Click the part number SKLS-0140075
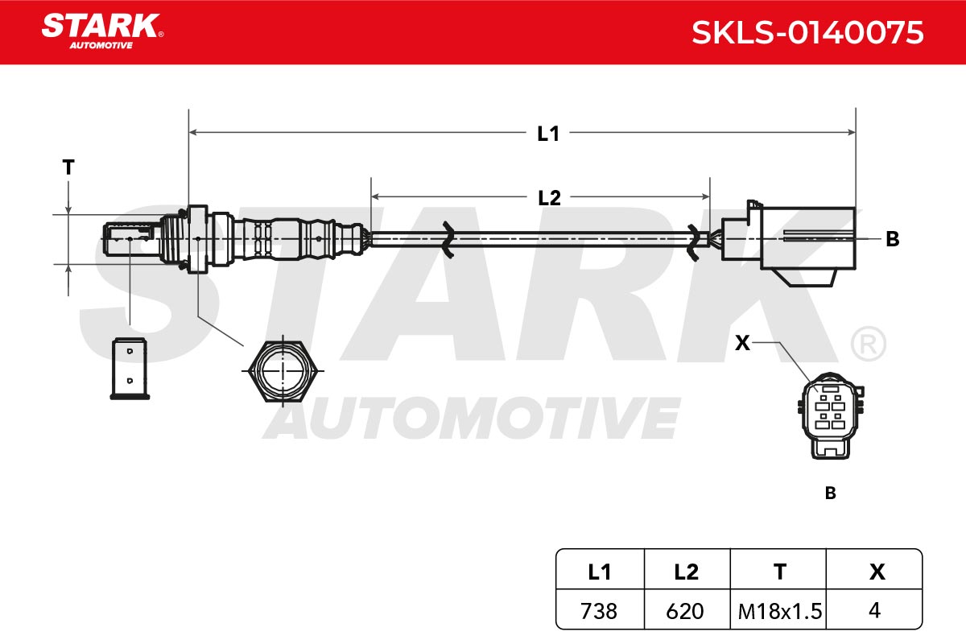807,33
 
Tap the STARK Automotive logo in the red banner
102,31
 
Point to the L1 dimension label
548,134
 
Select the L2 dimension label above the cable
549,198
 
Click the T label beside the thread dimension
68,167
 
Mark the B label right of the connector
892,239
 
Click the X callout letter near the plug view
742,344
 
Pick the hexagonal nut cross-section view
283,371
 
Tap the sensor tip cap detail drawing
130,369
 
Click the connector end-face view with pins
831,416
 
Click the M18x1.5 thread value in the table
780,611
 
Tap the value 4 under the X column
874,610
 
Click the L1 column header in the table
600,572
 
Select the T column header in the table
780,572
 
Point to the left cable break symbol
448,239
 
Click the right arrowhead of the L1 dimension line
852,132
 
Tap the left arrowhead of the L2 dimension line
375,196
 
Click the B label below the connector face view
830,493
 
